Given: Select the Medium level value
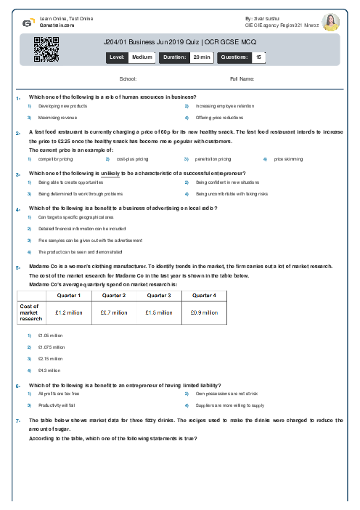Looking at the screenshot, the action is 142,56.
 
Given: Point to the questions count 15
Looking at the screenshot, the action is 259,56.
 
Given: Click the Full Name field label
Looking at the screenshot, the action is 242,78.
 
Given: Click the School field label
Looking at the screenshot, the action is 128,78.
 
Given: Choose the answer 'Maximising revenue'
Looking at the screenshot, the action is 58,117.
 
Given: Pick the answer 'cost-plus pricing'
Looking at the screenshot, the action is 132,158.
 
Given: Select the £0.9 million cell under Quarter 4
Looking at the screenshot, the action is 203,312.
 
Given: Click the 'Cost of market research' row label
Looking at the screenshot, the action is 30,312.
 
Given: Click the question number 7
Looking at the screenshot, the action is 17,421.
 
